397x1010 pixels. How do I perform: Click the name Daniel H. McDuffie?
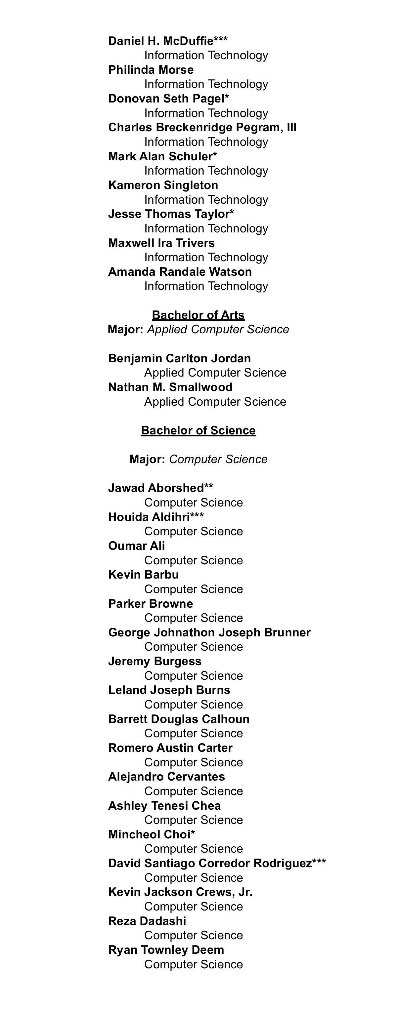click(x=161, y=41)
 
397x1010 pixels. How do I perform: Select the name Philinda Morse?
click(x=151, y=70)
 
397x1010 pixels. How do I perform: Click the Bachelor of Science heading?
click(x=198, y=430)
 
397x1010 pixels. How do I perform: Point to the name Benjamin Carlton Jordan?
click(x=179, y=358)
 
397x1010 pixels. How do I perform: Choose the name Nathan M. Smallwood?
click(x=170, y=387)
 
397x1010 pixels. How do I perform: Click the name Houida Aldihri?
click(x=149, y=517)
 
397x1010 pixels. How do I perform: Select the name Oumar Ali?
click(x=137, y=546)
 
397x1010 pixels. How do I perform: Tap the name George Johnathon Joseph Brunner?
click(x=209, y=632)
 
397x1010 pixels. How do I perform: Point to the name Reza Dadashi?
click(x=147, y=921)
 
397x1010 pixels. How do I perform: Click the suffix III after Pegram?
click(x=291, y=127)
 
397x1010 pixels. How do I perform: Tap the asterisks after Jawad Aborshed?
click(x=209, y=487)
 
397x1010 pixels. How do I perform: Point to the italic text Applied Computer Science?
click(x=218, y=329)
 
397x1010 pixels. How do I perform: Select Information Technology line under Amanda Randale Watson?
click(x=206, y=286)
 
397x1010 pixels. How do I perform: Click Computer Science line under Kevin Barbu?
click(x=194, y=589)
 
